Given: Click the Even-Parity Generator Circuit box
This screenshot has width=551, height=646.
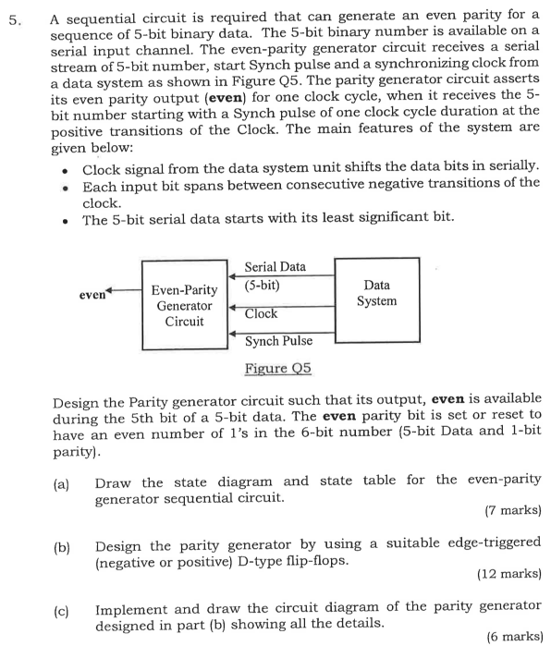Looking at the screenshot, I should point(184,305).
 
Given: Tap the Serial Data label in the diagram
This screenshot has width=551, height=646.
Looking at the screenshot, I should point(275,267).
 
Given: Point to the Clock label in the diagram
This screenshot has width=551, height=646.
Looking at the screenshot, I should point(261,314).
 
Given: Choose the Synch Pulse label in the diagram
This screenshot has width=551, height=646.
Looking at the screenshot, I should point(278,341).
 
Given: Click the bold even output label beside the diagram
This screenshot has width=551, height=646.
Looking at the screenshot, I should point(91,296).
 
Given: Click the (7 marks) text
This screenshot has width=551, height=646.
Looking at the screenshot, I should point(512,509).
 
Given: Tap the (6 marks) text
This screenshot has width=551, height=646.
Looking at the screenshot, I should point(512,636).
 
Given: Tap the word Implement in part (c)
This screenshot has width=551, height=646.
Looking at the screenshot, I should point(129,606).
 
